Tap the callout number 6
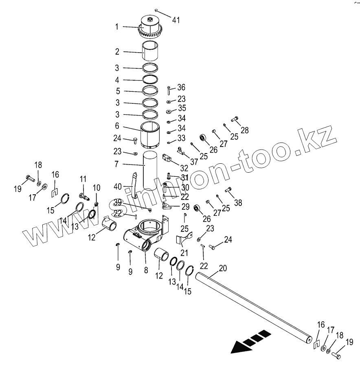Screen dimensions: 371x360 pyautogui.click(x=117, y=126)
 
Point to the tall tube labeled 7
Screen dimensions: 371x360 pyautogui.click(x=150, y=171)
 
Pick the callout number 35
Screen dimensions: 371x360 pyautogui.click(x=181, y=108)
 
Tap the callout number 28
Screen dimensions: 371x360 pyautogui.click(x=244, y=130)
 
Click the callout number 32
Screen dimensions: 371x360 pyautogui.click(x=184, y=168)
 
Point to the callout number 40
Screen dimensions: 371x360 pyautogui.click(x=118, y=187)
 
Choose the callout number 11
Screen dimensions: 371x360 pyautogui.click(x=83, y=179)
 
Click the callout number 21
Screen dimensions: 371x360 pyautogui.click(x=184, y=253)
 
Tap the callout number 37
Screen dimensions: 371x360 pyautogui.click(x=194, y=162)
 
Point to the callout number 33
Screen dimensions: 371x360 pyautogui.click(x=181, y=138)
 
